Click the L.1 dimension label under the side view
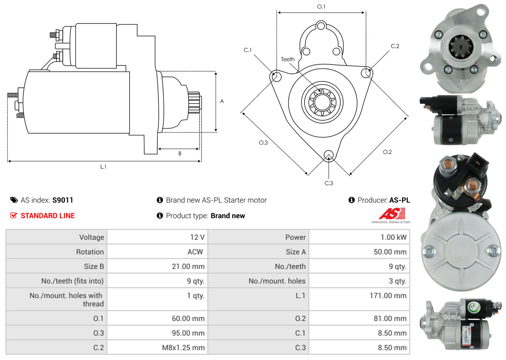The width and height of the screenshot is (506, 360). pyautogui.click(x=103, y=167)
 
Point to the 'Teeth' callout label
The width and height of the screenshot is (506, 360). pyautogui.click(x=288, y=59)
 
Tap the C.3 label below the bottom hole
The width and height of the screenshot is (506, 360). pyautogui.click(x=329, y=183)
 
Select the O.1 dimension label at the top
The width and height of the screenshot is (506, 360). pyautogui.click(x=321, y=7)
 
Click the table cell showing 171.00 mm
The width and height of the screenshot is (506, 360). pyautogui.click(x=388, y=296)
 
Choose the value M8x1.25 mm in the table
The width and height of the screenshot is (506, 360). pyautogui.click(x=183, y=348)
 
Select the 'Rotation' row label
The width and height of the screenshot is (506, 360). pyautogui.click(x=90, y=252)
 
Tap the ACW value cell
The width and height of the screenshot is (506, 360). pyautogui.click(x=195, y=252)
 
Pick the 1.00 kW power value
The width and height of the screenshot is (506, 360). pyautogui.click(x=393, y=237)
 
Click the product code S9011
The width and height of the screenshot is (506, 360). pyautogui.click(x=63, y=200)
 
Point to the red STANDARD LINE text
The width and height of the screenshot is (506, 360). pyautogui.click(x=48, y=216)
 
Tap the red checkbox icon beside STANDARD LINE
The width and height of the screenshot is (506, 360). pyautogui.click(x=13, y=215)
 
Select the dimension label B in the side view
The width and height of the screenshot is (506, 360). pyautogui.click(x=180, y=153)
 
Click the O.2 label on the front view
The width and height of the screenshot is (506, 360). pyautogui.click(x=387, y=152)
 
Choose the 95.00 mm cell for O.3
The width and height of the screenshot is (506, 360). pyautogui.click(x=188, y=333)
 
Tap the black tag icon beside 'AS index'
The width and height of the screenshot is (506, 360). pyautogui.click(x=14, y=200)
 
